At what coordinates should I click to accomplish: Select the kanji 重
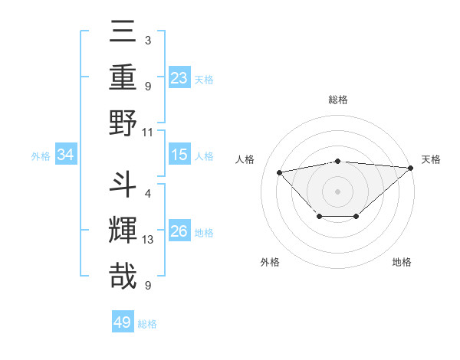[x=123, y=77]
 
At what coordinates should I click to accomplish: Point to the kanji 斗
[x=123, y=186]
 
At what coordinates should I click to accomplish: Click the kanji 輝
[x=123, y=231]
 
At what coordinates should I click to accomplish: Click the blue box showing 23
[x=179, y=78]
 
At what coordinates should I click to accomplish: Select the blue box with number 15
[x=179, y=155]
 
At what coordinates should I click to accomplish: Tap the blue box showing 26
[x=179, y=231]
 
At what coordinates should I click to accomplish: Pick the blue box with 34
[x=66, y=155]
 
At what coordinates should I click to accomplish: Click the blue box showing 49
[x=123, y=322]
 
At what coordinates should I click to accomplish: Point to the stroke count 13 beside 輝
[x=148, y=240]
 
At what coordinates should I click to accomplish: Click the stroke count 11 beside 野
[x=148, y=131]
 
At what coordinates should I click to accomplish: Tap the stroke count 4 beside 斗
[x=148, y=193]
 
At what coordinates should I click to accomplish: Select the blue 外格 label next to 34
[x=41, y=156]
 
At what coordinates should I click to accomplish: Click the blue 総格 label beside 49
[x=147, y=324]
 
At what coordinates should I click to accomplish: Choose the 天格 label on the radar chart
[x=431, y=159]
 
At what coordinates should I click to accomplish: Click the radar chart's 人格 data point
[x=280, y=172]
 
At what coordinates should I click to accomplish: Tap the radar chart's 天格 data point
[x=411, y=167]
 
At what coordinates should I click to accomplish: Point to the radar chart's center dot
[x=337, y=190]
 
